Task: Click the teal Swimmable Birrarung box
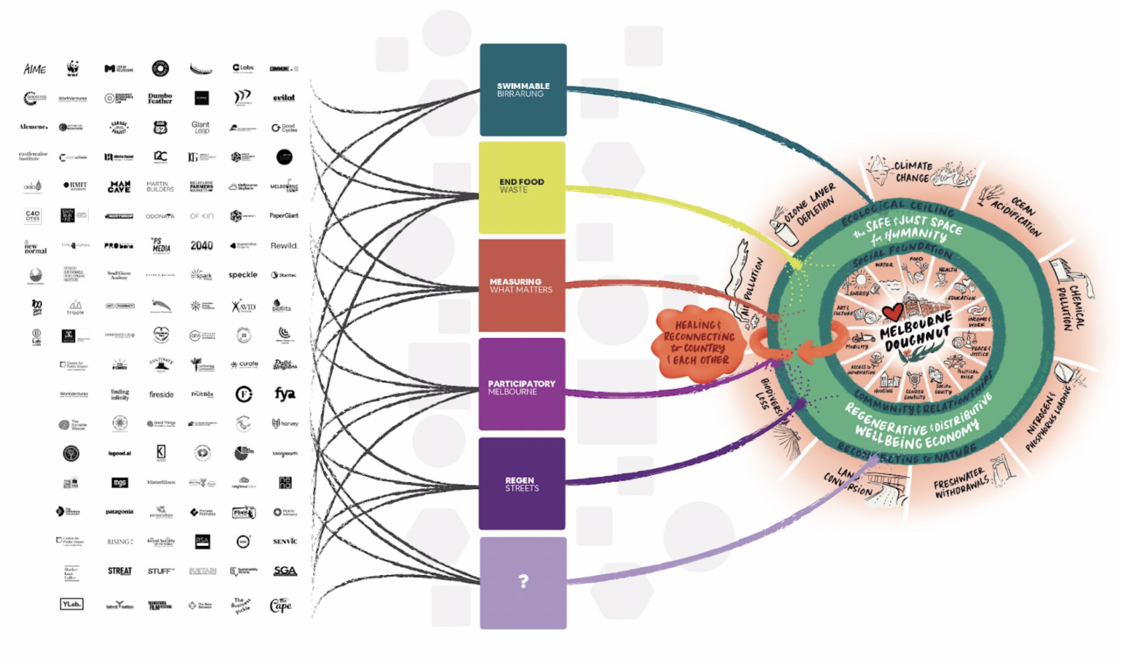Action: [x=522, y=90]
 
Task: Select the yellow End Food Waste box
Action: [x=522, y=188]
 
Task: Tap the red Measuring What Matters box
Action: [x=522, y=285]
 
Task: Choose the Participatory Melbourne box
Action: [x=522, y=384]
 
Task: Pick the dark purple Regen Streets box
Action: [x=522, y=484]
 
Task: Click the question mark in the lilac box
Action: [x=523, y=581]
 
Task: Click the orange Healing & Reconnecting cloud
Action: [x=699, y=343]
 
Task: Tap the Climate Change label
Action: [x=913, y=171]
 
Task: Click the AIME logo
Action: [x=34, y=69]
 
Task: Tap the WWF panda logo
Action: [x=72, y=68]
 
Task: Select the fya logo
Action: [x=284, y=394]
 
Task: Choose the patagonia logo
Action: [x=119, y=511]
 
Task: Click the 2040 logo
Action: [x=201, y=246]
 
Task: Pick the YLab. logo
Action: [x=71, y=604]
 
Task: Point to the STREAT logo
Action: [x=119, y=571]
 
